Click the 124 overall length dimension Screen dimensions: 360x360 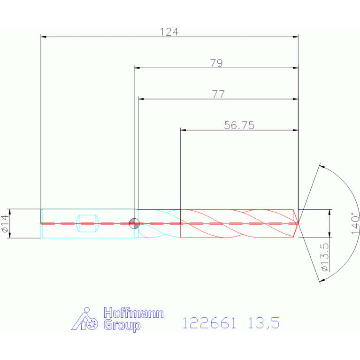(x=169, y=32)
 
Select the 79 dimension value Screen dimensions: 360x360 (x=216, y=63)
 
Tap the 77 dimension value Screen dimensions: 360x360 (x=218, y=94)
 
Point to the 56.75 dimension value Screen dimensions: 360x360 (x=239, y=125)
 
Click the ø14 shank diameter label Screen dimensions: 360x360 (x=6, y=223)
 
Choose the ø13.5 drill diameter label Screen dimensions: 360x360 (x=325, y=257)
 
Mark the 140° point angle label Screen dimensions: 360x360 (x=355, y=223)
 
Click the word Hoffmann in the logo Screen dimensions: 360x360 (x=133, y=313)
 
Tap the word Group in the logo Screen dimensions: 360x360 (x=122, y=325)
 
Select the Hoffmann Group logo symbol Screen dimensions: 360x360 (x=84, y=319)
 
